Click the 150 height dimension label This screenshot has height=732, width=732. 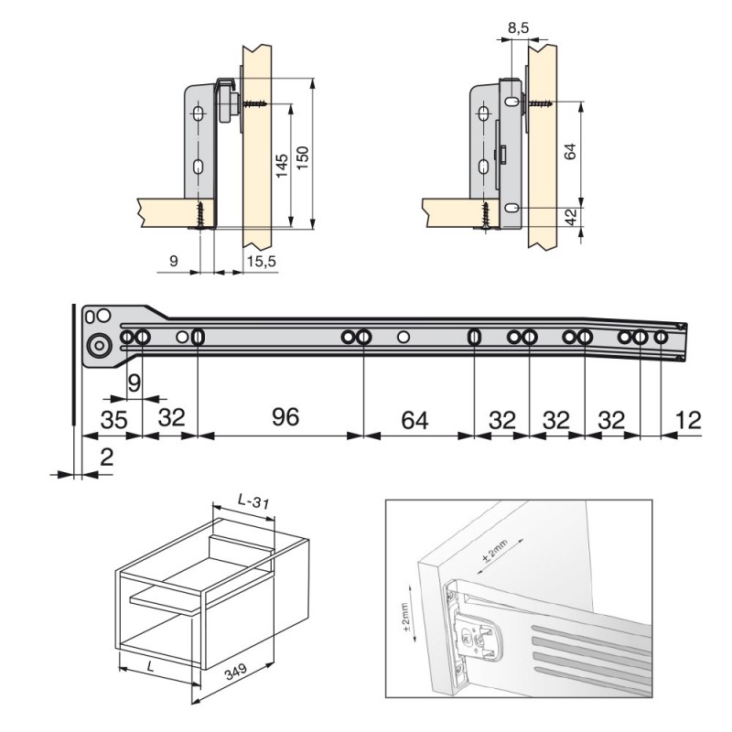(x=303, y=157)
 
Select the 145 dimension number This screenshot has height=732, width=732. (x=282, y=166)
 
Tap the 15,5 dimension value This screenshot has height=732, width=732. (x=262, y=262)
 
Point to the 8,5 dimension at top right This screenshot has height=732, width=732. (x=518, y=28)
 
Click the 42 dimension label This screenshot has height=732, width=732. (x=570, y=216)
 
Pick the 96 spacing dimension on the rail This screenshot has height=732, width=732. (x=285, y=417)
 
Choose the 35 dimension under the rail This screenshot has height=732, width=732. (x=113, y=420)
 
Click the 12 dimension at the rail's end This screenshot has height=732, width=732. (x=688, y=420)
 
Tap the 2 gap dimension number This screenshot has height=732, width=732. (x=107, y=457)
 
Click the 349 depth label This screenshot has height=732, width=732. (x=236, y=672)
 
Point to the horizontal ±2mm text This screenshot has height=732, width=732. (x=495, y=551)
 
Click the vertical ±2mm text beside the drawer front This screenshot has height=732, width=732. (x=404, y=616)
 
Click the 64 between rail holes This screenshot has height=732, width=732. (x=414, y=420)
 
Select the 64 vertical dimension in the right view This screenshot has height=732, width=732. (x=570, y=151)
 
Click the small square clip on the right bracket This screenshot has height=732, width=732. (x=502, y=154)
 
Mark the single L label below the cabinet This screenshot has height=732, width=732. (x=150, y=666)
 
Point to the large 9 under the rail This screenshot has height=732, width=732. (x=134, y=383)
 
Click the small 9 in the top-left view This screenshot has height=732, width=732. (x=174, y=261)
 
